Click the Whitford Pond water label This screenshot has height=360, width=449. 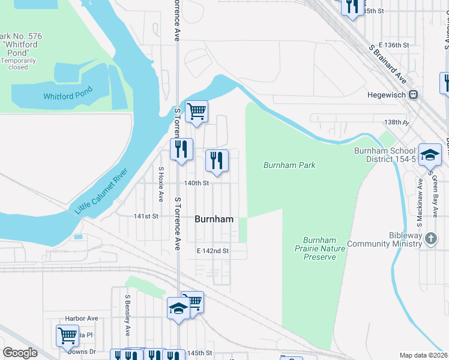pos(68,95)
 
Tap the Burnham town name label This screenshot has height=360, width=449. pos(214,220)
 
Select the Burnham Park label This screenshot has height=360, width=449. pos(289,165)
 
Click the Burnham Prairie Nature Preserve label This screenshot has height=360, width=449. pos(320,248)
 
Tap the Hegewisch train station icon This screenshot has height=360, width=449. pos(413,95)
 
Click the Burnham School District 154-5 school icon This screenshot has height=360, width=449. pos(430,154)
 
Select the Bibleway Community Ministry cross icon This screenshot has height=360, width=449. pos(430,239)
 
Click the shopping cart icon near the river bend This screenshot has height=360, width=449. pos(196,111)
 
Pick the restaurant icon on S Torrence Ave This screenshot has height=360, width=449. pos(181,148)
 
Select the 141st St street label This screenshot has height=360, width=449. pos(145,216)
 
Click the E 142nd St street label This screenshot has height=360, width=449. pos(213,251)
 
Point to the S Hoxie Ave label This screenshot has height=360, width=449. pos(161,184)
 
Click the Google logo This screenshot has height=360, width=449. pos(20,353)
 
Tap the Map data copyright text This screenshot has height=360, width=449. pos(423,355)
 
